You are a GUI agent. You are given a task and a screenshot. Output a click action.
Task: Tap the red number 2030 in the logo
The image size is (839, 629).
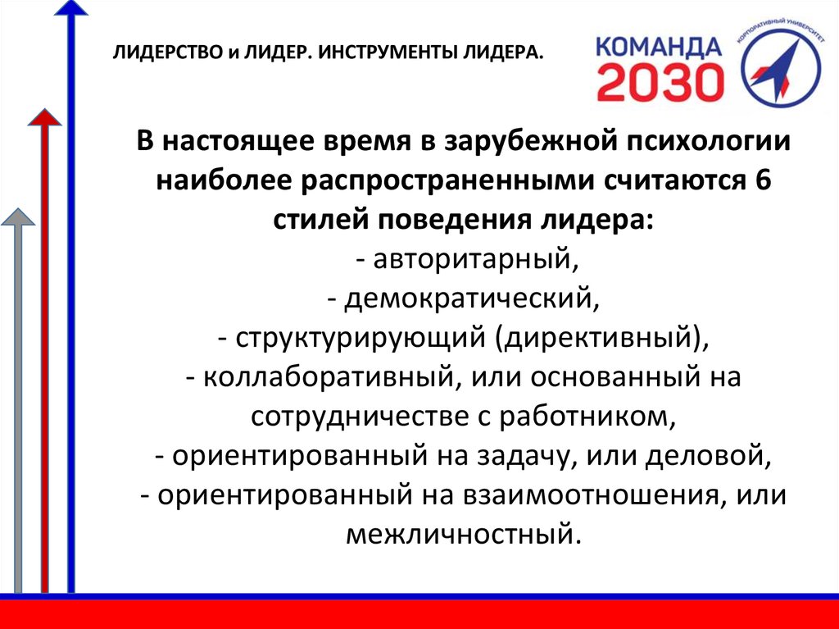[x=660, y=83]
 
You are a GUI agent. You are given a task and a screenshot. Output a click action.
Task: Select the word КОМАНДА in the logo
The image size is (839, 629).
[x=660, y=47]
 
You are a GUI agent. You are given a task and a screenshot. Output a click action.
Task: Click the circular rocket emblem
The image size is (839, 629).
[x=781, y=65]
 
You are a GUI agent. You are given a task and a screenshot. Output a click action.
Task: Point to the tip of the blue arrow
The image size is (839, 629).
[x=70, y=1]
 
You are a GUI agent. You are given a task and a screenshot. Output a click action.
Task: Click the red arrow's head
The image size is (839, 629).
[x=44, y=116]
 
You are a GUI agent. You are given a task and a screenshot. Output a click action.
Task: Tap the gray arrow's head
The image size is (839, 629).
[x=18, y=217]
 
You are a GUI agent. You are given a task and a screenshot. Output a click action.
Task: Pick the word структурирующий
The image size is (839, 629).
[x=356, y=339]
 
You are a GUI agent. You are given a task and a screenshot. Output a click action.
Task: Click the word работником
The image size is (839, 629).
[x=584, y=417]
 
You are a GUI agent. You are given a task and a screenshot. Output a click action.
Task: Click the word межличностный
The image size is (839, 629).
[x=462, y=534]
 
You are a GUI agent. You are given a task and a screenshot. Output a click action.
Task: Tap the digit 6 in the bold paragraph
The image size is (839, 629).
[x=763, y=180]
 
